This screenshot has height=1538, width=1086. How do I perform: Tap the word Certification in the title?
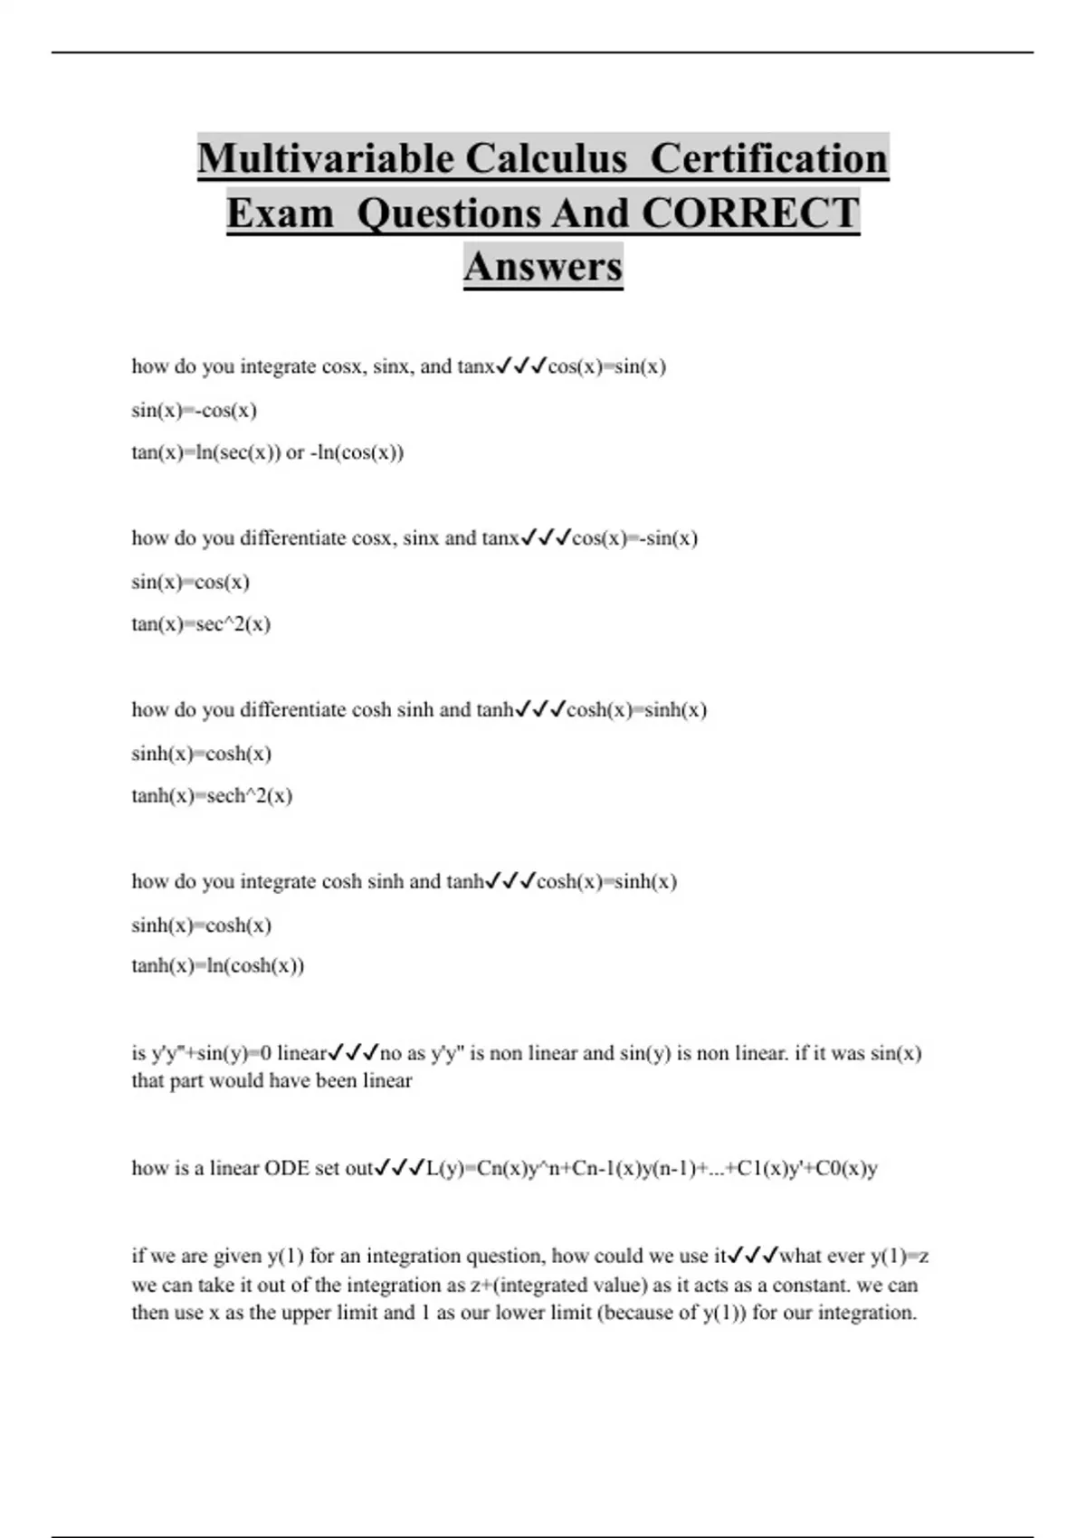point(769,158)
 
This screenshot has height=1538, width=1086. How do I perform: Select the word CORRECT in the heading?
point(750,214)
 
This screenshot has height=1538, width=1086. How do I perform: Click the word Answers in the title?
point(543,267)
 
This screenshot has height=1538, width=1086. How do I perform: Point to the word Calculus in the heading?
point(546,158)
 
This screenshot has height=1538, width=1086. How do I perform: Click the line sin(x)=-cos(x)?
point(195,410)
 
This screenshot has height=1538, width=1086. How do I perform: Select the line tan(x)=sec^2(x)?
point(201,623)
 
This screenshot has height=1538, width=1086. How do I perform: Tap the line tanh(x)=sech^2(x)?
point(212,795)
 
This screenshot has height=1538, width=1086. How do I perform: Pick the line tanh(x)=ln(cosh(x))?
point(218,965)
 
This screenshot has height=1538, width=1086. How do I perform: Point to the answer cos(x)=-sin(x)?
point(634,538)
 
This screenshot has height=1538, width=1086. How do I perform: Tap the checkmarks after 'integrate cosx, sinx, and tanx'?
point(521,366)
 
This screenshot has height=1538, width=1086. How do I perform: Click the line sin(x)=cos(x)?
point(190,582)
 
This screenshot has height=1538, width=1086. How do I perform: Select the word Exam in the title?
point(281,214)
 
